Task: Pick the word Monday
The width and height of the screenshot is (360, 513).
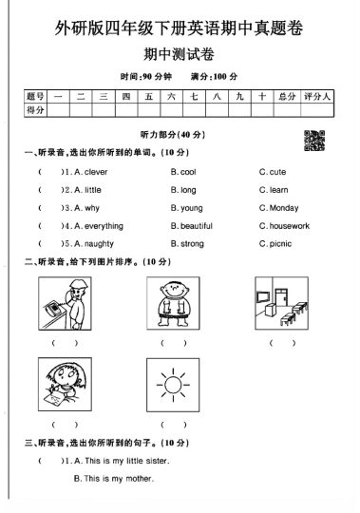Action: [x=284, y=208]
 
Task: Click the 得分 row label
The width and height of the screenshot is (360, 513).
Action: [x=35, y=112]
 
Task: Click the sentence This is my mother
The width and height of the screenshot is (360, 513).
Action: [x=113, y=479]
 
